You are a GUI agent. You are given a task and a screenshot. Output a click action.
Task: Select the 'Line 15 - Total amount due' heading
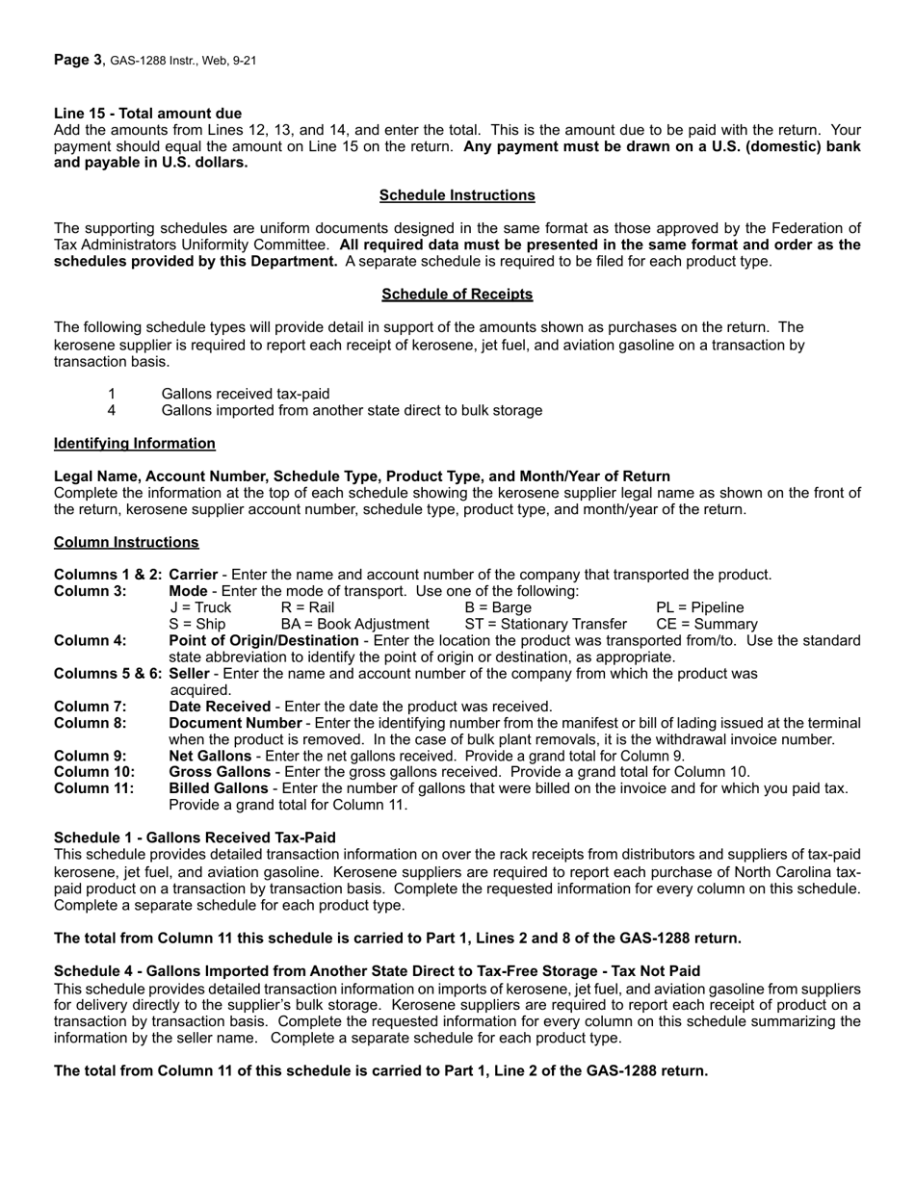point(147,114)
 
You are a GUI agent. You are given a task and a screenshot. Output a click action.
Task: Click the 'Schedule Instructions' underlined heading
point(457,195)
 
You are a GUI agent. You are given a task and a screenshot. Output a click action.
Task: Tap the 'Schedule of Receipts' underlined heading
point(457,295)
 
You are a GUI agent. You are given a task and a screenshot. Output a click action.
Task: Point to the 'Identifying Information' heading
point(135,444)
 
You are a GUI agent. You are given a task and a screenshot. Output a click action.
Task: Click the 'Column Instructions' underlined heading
point(126,543)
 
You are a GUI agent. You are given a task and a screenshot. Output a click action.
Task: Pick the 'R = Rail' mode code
point(307,607)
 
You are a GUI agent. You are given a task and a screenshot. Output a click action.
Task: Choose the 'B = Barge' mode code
point(498,607)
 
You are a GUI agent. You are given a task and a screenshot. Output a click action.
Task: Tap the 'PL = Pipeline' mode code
point(699,607)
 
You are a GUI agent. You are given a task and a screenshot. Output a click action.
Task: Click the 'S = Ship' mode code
point(197,625)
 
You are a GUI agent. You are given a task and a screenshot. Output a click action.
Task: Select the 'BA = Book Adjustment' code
point(354,625)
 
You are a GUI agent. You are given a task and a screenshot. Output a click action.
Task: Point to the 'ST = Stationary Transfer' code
point(545,625)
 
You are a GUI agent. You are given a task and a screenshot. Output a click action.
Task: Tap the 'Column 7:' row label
point(91,707)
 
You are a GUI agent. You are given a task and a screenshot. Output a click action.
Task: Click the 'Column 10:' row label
point(94,772)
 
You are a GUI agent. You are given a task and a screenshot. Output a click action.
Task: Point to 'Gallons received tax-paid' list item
point(246,394)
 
